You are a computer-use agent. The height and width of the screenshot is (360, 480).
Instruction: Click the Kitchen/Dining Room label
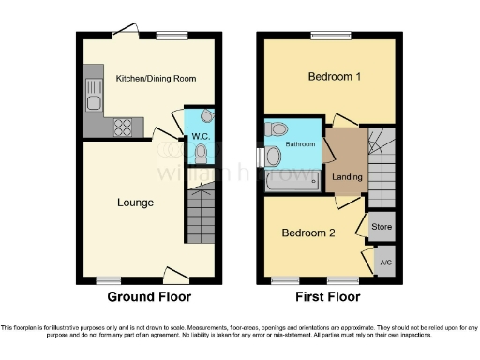tap(151, 79)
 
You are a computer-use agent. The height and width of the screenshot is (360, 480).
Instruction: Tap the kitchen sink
tap(94, 92)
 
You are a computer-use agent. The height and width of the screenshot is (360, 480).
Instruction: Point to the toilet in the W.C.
tap(201, 152)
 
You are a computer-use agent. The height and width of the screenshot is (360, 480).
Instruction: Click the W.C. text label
tap(200, 136)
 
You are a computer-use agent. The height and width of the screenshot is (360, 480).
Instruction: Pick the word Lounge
tap(135, 202)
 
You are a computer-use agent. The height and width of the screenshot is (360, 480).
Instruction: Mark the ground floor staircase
tap(198, 216)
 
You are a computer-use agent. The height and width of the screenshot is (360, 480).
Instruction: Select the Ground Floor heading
tap(150, 297)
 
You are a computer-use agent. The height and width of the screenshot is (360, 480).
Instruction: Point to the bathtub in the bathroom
tap(293, 178)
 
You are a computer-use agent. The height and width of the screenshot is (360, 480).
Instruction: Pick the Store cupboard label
tap(382, 226)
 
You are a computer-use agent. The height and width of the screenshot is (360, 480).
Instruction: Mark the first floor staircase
tap(381, 164)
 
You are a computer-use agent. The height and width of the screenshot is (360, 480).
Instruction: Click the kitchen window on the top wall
tap(172, 37)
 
